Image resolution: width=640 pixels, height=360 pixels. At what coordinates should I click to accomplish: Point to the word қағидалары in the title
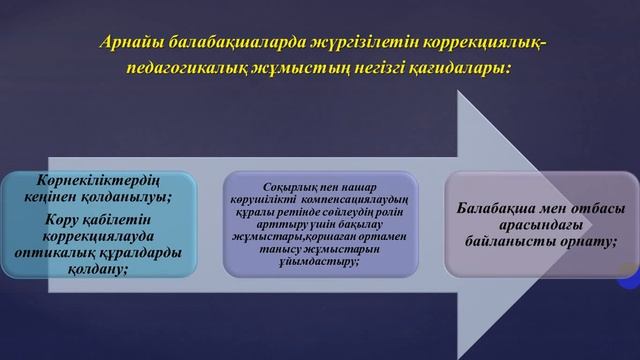[464, 71]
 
